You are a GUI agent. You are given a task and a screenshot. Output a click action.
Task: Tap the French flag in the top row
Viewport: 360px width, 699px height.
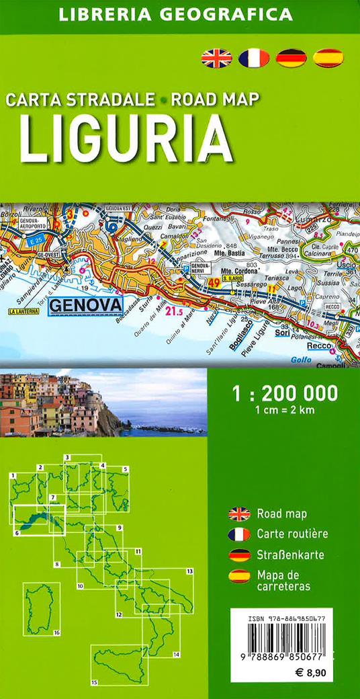click(254, 58)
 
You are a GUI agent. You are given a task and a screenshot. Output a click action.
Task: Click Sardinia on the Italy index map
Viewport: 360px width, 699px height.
click(42, 608)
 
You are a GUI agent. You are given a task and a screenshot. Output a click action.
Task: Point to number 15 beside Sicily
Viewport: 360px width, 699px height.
click(94, 682)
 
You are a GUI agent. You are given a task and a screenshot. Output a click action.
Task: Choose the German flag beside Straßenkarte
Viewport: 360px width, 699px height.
click(239, 555)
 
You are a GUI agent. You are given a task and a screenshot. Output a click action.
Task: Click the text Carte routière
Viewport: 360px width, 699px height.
click(292, 534)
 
